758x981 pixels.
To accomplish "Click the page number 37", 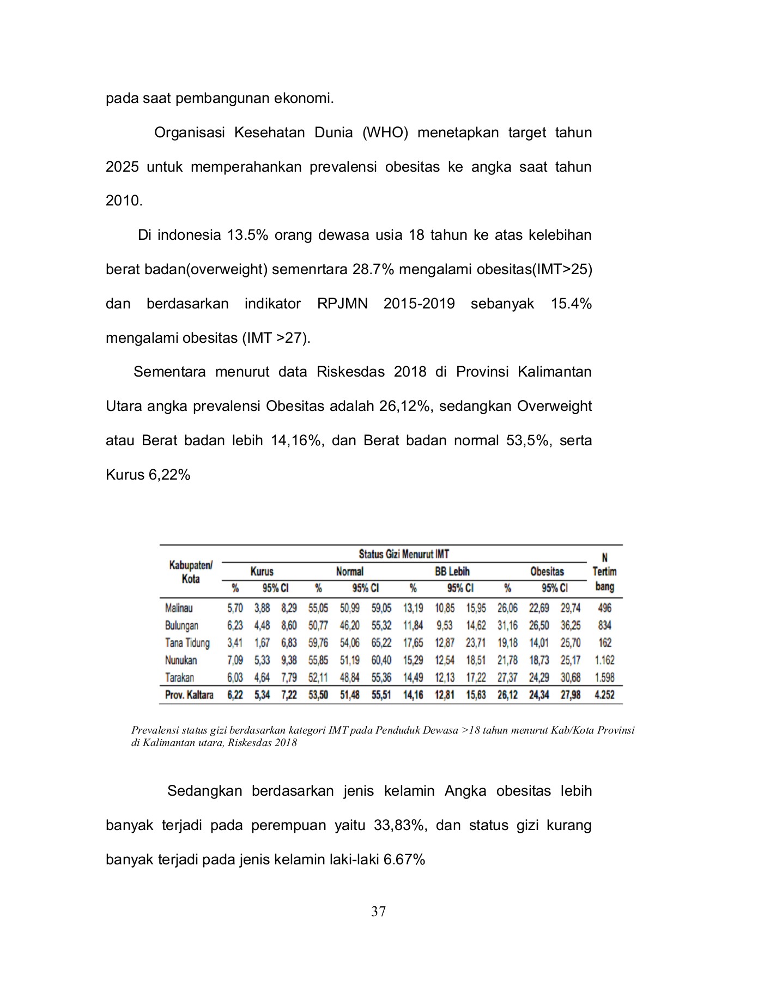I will coord(378,911).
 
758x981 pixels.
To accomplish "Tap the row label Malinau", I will coord(179,608).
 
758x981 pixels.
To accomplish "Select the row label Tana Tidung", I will coord(187,643).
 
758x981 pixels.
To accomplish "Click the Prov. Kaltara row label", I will coord(189,695).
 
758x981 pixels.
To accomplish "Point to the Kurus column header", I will coord(262,571).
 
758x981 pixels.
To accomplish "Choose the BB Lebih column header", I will coord(452,571).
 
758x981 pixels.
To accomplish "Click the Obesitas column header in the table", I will coord(547,571).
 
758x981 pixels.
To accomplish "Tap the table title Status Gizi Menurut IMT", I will coord(404,554).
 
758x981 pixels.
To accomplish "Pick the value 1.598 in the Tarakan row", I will coord(604,677).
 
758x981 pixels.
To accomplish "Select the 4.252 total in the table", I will coord(604,695).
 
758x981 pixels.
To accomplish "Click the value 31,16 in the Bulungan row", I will coord(507,625).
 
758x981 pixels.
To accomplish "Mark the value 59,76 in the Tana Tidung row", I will coord(318,643).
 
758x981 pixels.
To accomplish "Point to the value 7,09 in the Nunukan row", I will coord(235,660).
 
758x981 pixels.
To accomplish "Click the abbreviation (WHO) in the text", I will coord(385,132).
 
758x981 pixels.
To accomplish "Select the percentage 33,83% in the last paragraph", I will coord(400,825).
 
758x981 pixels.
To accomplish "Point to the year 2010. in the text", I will coord(124,201).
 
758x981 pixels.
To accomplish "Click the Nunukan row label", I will coord(181,660).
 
